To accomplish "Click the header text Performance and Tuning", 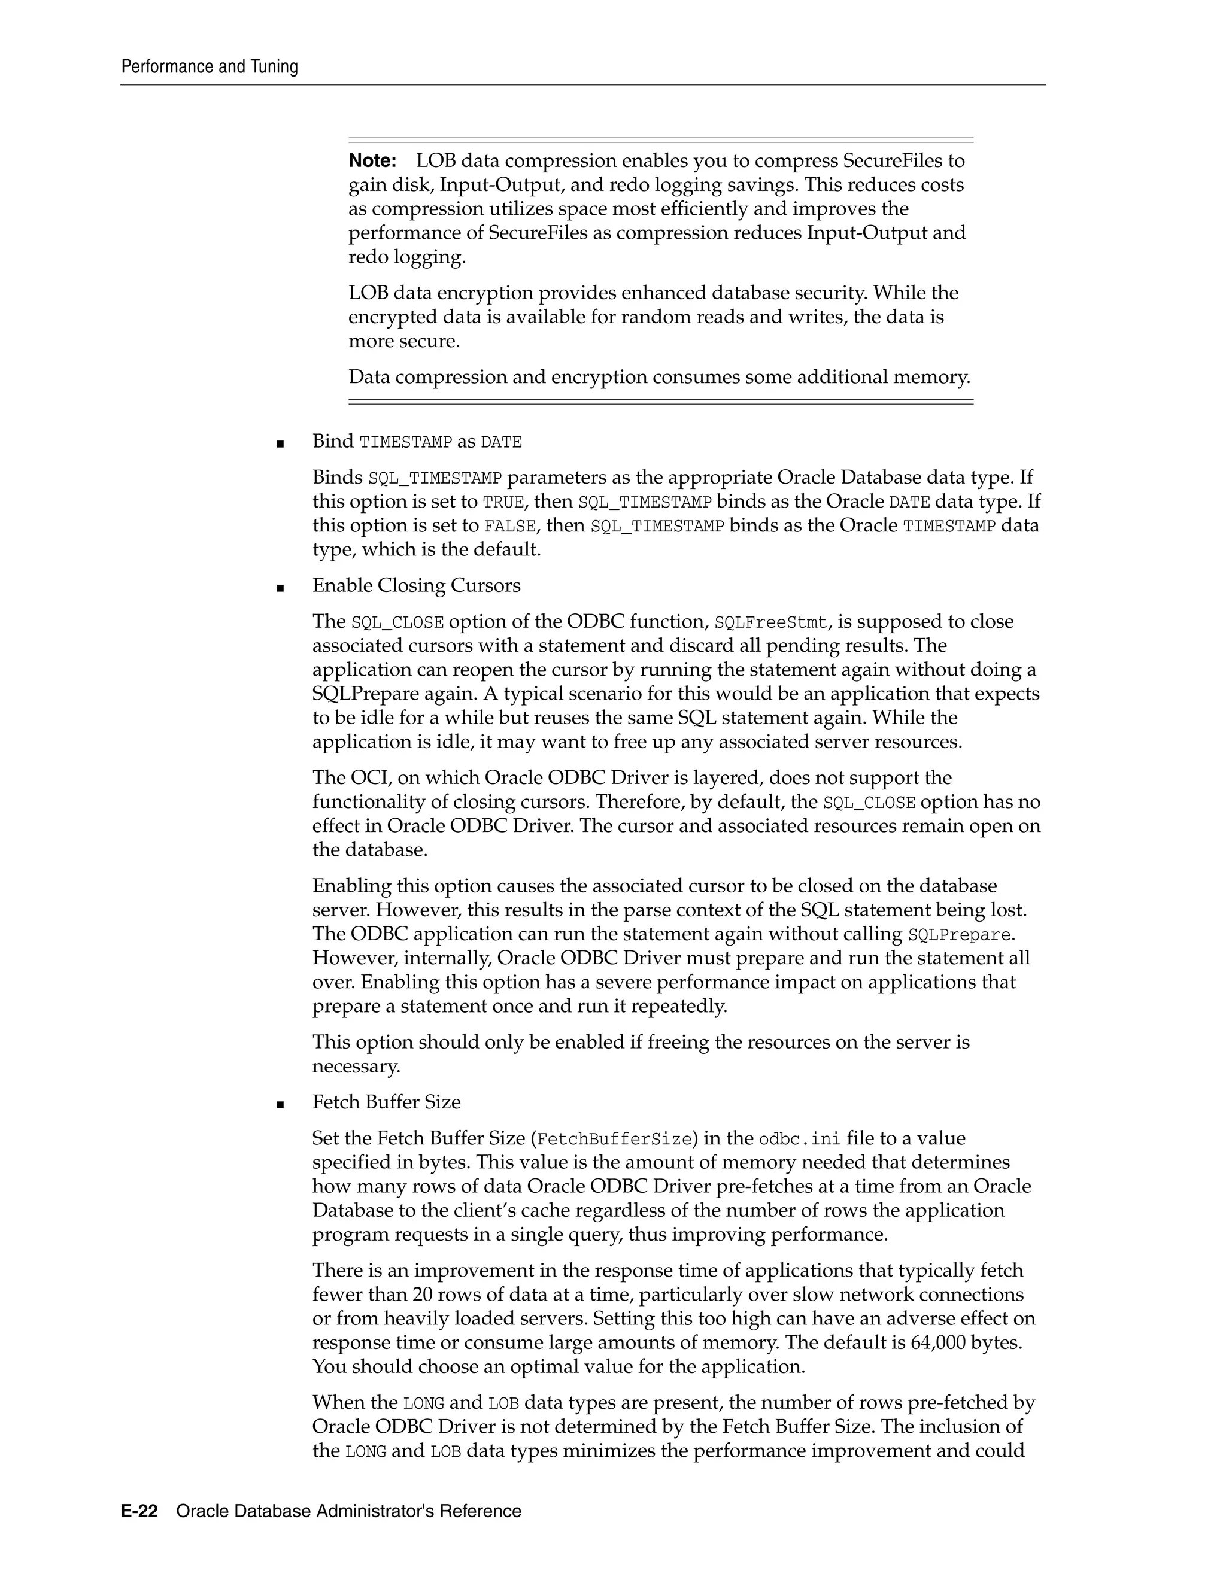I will tap(209, 67).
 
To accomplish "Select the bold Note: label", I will tap(372, 160).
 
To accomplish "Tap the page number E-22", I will tap(139, 1511).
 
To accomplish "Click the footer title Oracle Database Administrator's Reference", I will tap(348, 1511).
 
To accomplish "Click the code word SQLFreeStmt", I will tap(770, 622).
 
